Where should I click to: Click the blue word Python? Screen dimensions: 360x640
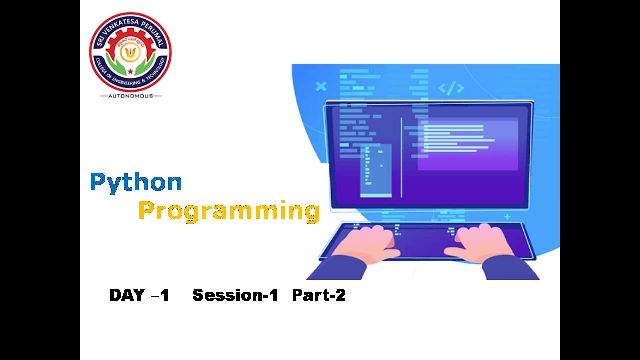click(136, 183)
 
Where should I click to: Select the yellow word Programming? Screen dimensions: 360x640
click(229, 211)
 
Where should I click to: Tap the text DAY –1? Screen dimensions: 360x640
click(139, 295)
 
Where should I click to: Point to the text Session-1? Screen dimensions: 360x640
click(235, 295)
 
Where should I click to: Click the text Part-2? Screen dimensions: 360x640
click(319, 295)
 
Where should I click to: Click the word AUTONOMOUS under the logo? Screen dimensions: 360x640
click(130, 95)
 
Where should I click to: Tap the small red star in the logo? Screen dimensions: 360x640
click(130, 71)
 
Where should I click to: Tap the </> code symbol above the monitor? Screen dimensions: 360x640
click(451, 89)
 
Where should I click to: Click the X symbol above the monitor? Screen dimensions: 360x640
click(321, 86)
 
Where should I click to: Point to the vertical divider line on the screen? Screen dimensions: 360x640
click(401, 157)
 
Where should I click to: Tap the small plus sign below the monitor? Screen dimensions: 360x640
click(507, 217)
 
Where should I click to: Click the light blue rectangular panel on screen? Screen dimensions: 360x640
click(376, 170)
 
